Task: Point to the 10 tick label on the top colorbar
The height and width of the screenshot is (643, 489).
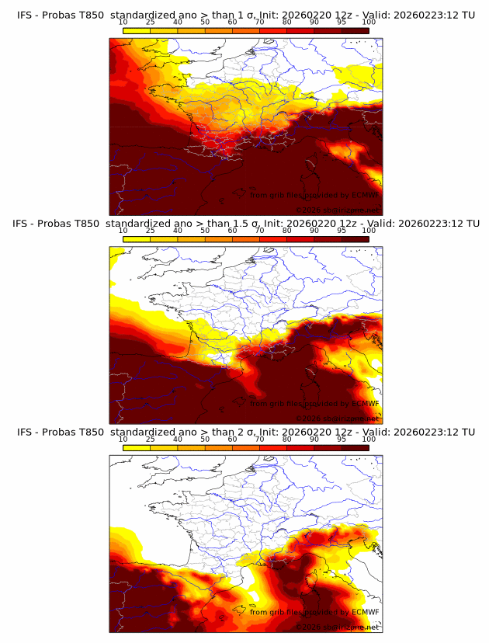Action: pos(123,23)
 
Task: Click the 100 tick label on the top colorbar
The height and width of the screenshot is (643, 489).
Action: pos(369,23)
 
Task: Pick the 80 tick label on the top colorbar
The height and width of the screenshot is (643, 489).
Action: pos(287,23)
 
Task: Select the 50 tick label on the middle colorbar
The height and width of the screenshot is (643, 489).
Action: pos(205,231)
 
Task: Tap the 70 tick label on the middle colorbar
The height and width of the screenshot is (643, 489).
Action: pos(259,231)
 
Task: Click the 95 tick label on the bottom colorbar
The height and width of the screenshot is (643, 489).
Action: pos(342,439)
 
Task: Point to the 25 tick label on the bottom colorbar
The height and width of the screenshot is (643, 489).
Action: pos(150,439)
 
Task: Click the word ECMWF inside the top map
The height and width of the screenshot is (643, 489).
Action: pos(365,195)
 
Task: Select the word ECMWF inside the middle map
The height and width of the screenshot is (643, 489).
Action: pos(365,403)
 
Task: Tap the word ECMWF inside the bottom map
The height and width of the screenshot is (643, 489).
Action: pos(365,612)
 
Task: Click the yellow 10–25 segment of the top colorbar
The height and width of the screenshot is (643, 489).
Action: pos(136,31)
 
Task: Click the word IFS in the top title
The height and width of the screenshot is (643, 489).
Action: pos(26,15)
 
